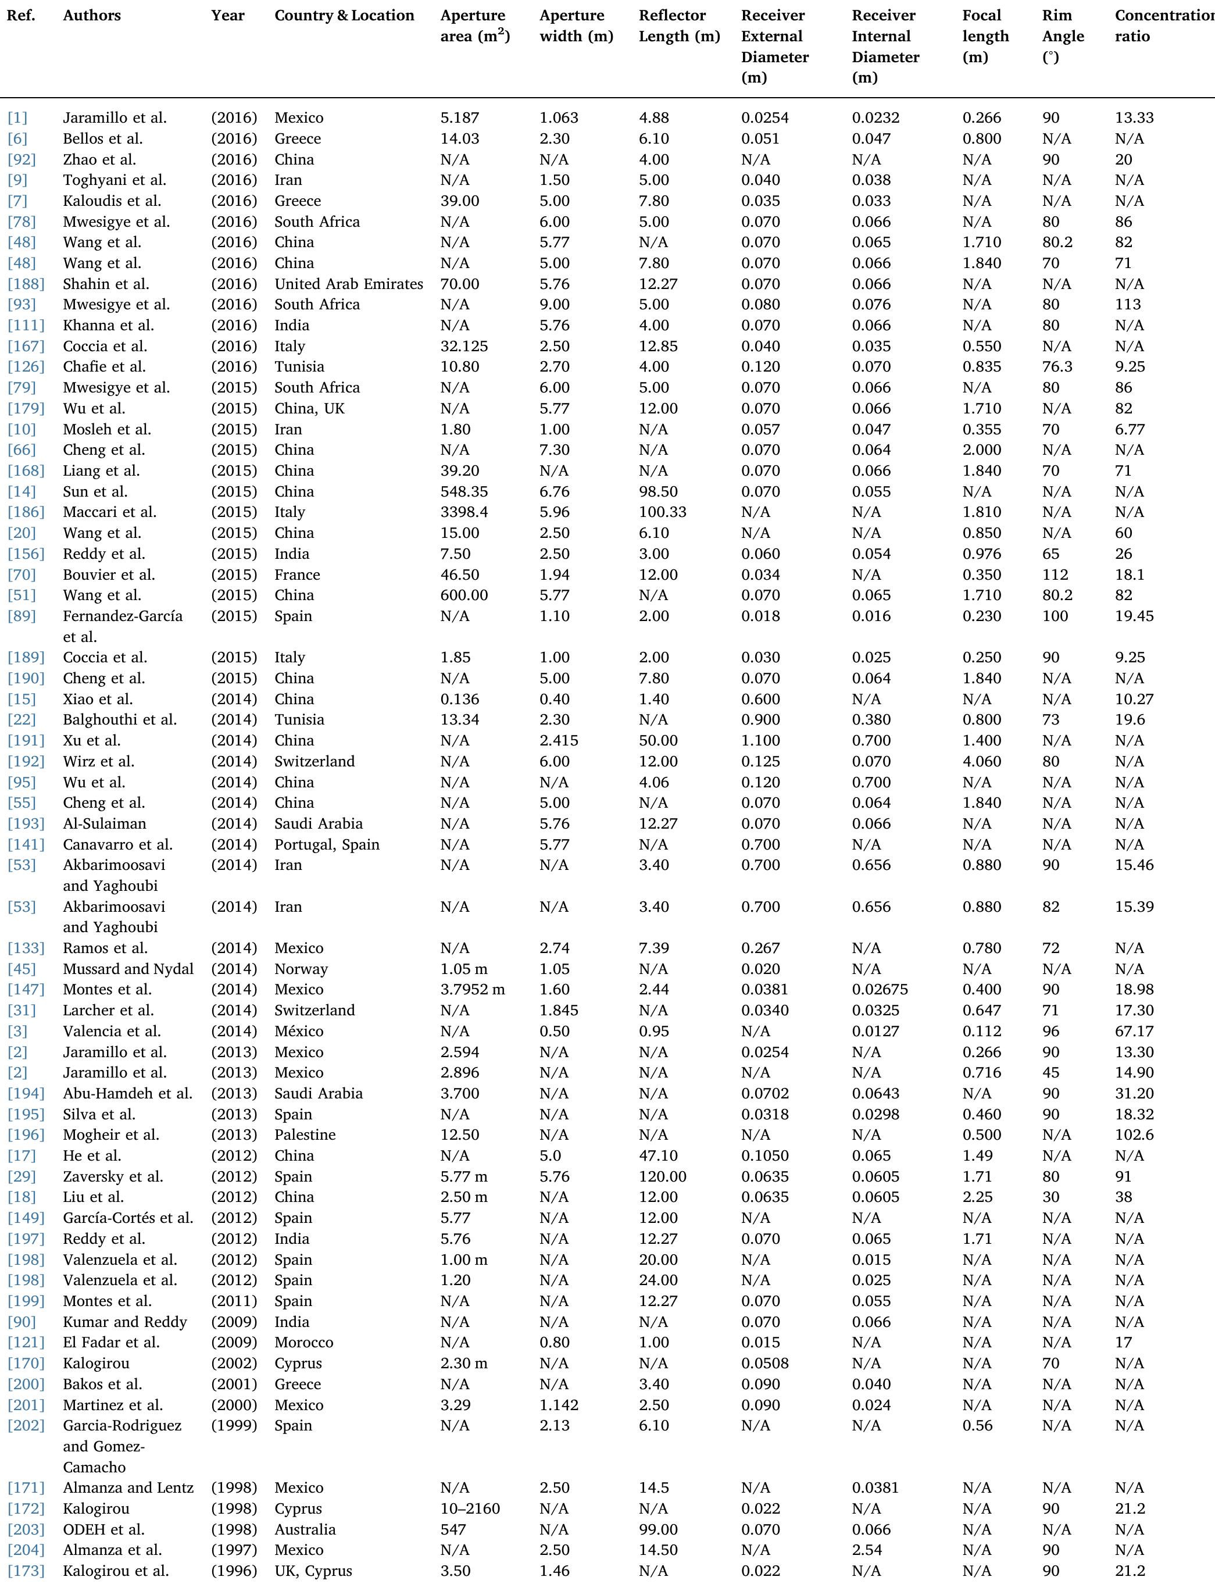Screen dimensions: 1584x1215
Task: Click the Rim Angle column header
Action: pyautogui.click(x=1063, y=35)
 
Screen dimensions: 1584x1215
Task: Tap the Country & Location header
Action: pyautogui.click(x=344, y=15)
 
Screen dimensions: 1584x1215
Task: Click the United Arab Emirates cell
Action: pyautogui.click(x=349, y=284)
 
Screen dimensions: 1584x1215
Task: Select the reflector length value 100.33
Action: pyautogui.click(x=662, y=512)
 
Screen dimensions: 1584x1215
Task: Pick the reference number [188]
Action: pyautogui.click(x=26, y=284)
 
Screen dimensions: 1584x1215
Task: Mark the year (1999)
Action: pyautogui.click(x=234, y=1426)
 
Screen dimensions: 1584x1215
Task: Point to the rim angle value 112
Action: pyautogui.click(x=1055, y=575)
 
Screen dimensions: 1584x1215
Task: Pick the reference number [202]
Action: pyautogui.click(x=26, y=1426)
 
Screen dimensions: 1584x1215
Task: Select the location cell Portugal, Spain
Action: pyautogui.click(x=327, y=844)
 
